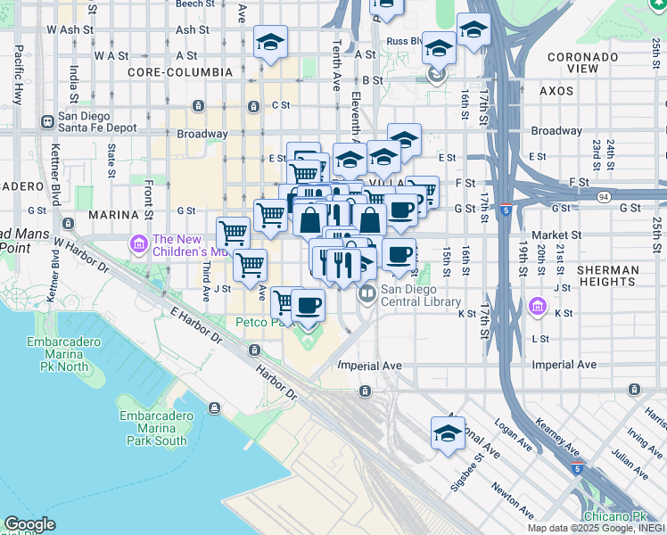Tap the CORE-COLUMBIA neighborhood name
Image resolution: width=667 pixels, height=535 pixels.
point(173,71)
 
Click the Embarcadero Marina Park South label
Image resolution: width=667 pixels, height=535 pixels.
point(157,428)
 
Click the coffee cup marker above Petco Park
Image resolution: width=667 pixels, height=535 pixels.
point(308,306)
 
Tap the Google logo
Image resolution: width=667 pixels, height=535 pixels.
point(29,524)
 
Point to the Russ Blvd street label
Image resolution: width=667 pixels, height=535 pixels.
point(403,42)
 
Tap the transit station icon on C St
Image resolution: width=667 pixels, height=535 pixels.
point(254,106)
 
